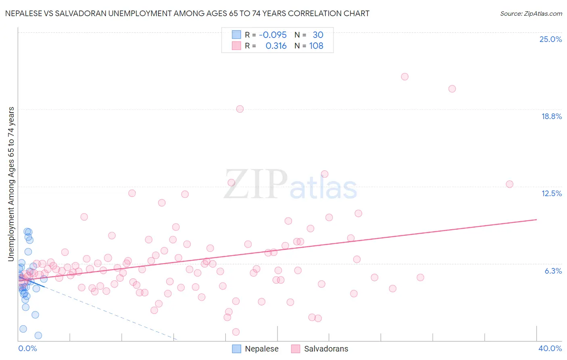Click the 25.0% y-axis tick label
[x=550, y=39]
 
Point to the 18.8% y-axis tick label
[x=551, y=116]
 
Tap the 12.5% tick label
[x=551, y=193]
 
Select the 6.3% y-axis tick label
[x=553, y=271]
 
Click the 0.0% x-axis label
[x=27, y=348]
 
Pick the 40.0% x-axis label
[x=550, y=348]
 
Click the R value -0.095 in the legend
[x=273, y=35]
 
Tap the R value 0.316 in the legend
[x=276, y=46]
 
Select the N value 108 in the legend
[x=316, y=46]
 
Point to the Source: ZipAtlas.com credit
[x=531, y=14]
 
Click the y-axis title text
[x=11, y=184]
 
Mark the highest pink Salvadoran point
[x=404, y=77]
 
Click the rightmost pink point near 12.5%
[x=509, y=184]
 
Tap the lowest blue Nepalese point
[x=38, y=335]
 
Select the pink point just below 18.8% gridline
[x=240, y=109]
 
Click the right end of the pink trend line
[x=536, y=220]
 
